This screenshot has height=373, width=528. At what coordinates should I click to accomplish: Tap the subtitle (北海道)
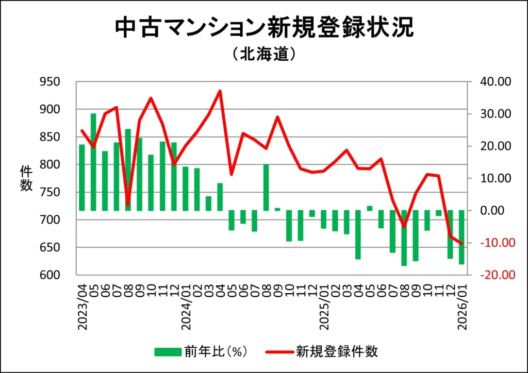263,54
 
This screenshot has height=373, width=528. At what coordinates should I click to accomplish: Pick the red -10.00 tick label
494,243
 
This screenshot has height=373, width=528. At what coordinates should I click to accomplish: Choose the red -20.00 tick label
494,275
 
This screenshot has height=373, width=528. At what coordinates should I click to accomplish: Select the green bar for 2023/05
93,162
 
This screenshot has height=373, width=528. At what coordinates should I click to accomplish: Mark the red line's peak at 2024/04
220,91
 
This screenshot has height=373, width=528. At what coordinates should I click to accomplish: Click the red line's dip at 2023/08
128,205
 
